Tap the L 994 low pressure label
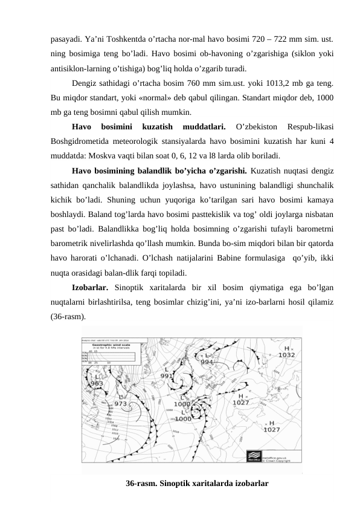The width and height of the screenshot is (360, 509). point(207,359)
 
